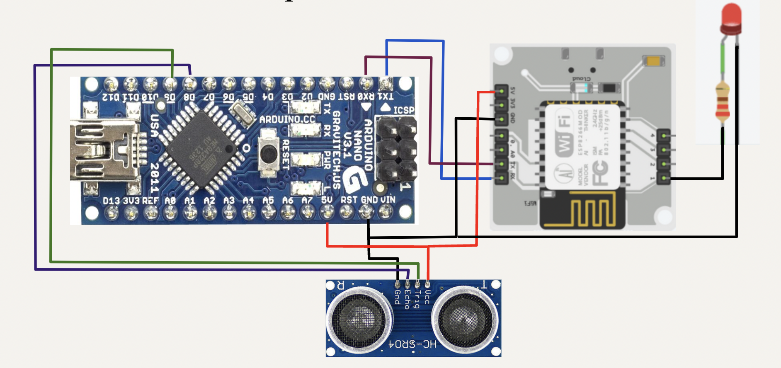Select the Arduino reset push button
point(269,154)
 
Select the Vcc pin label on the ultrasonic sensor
point(428,297)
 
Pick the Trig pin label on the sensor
point(418,299)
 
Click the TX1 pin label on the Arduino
point(386,97)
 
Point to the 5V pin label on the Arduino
point(327,200)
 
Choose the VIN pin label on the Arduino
point(388,200)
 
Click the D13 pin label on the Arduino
point(111,201)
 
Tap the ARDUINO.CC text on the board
point(287,119)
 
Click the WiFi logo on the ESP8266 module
point(564,132)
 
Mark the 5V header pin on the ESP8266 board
point(501,90)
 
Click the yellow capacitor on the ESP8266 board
point(654,61)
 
